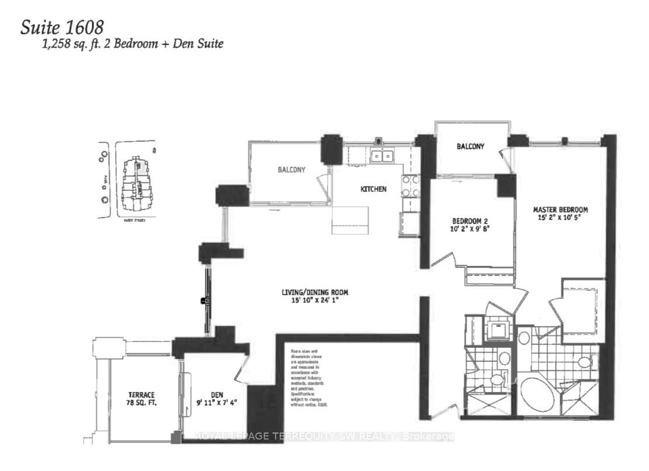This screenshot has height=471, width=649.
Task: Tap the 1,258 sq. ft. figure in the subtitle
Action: click(58, 44)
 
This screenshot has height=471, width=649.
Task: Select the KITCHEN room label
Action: click(373, 189)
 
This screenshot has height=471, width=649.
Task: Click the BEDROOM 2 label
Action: click(470, 221)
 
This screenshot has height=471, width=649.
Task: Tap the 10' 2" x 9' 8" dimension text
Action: click(470, 229)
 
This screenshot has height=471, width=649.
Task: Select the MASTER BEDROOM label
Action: click(560, 210)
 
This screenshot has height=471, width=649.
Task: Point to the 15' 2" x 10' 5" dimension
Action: click(560, 218)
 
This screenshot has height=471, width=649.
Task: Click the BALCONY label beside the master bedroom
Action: click(470, 146)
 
